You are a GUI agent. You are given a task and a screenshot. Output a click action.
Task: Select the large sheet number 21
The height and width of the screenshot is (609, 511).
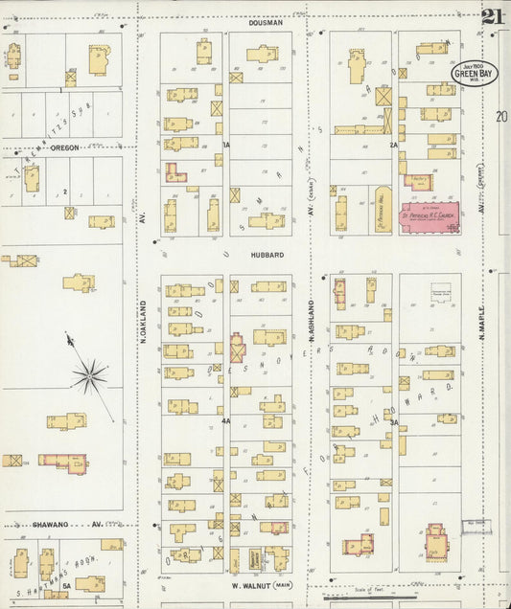point(493,17)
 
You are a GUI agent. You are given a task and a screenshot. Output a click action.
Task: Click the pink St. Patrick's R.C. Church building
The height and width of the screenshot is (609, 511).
point(429,216)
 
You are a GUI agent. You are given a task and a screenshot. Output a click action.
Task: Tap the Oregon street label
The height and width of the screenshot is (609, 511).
point(65,148)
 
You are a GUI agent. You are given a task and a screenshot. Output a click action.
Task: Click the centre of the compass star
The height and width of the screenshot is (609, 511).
point(88,375)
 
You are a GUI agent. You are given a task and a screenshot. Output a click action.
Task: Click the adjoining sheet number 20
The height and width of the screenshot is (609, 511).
point(500,117)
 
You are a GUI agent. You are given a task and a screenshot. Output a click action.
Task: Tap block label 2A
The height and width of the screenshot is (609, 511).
point(393,145)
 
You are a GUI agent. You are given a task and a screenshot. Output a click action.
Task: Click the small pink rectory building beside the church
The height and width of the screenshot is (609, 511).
point(418,181)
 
